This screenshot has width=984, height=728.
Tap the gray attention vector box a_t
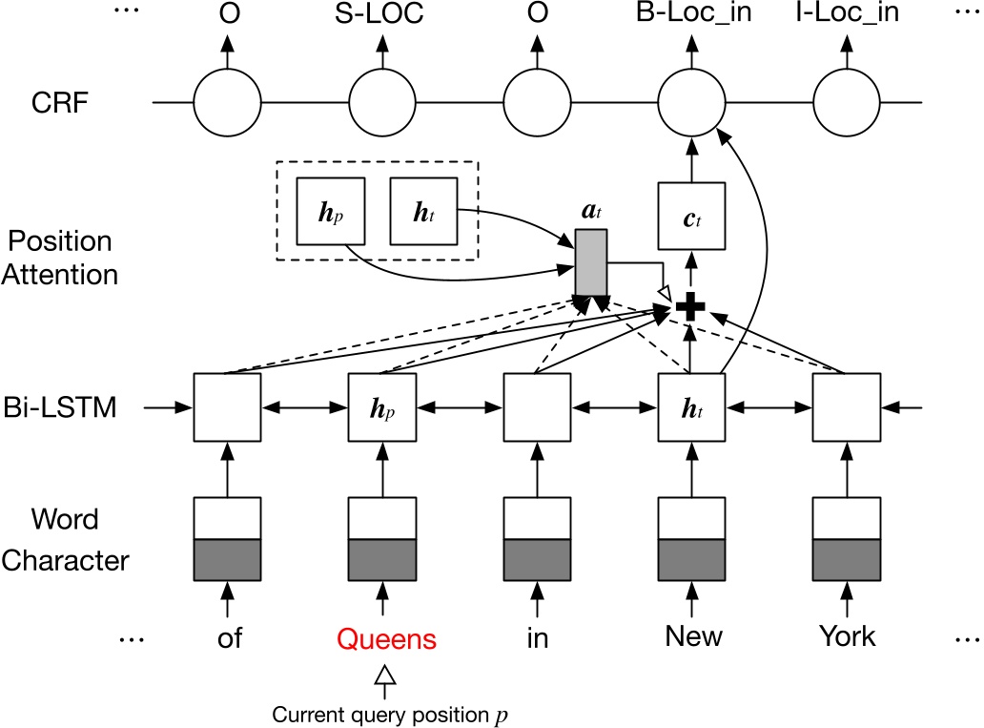click(590, 261)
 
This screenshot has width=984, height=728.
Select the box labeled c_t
click(693, 219)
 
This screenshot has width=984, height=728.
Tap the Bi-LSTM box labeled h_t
click(693, 407)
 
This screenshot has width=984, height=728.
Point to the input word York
click(847, 638)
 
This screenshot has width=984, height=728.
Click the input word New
click(693, 638)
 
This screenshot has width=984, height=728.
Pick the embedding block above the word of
click(227, 537)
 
